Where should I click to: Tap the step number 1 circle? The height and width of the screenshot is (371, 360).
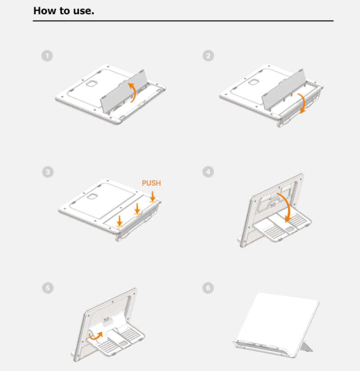(x=47, y=56)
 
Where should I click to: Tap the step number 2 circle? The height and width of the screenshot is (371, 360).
(x=208, y=56)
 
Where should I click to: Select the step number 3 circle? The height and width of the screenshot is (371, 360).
(x=48, y=172)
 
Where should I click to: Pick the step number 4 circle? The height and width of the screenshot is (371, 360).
(x=208, y=172)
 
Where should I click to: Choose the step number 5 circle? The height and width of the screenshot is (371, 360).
(x=48, y=288)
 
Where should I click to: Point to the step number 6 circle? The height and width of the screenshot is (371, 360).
(x=208, y=288)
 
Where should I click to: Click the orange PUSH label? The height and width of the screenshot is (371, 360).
(x=151, y=183)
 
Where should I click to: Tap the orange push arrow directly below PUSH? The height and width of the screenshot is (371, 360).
(x=153, y=196)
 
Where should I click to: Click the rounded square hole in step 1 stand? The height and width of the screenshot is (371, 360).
(x=92, y=84)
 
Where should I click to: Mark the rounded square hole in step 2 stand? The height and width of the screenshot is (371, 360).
(x=254, y=82)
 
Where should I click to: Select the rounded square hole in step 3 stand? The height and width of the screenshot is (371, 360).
(x=92, y=196)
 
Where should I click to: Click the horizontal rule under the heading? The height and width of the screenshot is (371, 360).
(x=183, y=21)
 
